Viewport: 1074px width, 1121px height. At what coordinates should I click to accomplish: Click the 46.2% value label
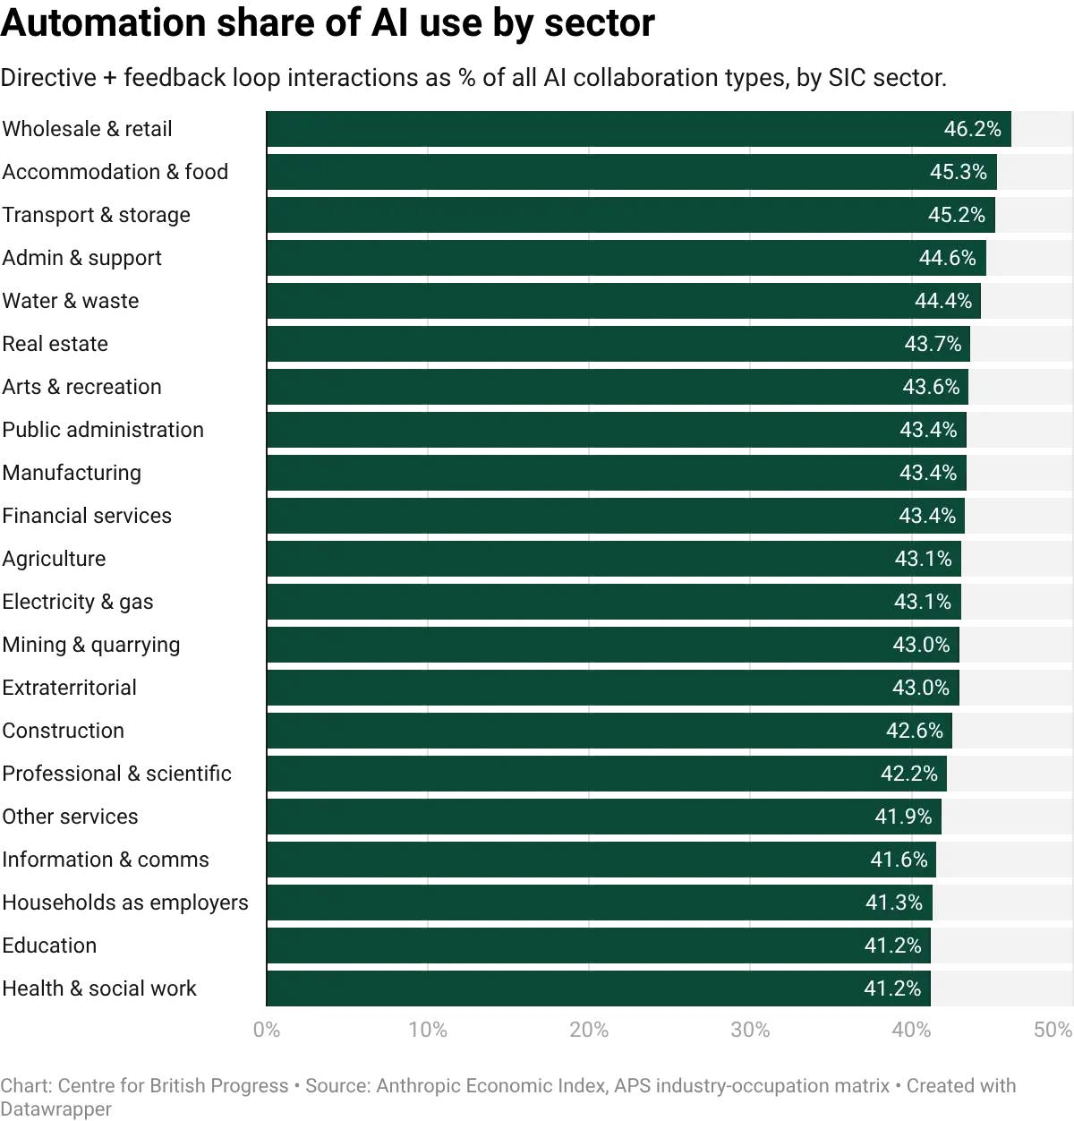click(x=972, y=129)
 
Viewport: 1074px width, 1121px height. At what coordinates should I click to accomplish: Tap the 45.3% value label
click(x=958, y=172)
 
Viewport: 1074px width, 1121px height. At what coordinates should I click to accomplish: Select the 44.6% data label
click(x=947, y=258)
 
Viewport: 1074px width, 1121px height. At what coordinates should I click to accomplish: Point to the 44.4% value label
click(x=942, y=301)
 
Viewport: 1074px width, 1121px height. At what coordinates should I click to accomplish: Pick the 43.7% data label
click(x=933, y=344)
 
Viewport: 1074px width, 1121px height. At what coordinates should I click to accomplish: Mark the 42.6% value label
click(x=914, y=731)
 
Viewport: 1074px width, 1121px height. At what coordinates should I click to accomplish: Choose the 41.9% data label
click(x=903, y=817)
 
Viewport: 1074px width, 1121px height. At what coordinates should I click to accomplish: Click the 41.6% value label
click(x=899, y=860)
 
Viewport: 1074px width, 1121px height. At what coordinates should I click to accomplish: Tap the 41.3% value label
click(x=893, y=903)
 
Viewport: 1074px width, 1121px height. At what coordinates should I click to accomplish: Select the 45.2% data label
click(x=956, y=215)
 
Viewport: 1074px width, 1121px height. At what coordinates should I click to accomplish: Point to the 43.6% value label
click(x=931, y=387)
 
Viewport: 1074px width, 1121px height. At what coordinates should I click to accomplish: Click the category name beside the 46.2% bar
click(x=86, y=128)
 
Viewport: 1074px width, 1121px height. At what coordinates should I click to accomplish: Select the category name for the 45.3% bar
click(x=115, y=172)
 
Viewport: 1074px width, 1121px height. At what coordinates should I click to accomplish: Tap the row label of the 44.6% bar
click(x=82, y=258)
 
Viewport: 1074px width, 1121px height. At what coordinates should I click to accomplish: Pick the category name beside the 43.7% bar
click(x=55, y=344)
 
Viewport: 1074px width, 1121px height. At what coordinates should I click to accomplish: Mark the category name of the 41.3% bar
click(x=124, y=903)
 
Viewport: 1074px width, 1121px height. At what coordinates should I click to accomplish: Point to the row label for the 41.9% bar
click(x=71, y=817)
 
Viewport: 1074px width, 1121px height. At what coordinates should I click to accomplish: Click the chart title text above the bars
click(x=474, y=81)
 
